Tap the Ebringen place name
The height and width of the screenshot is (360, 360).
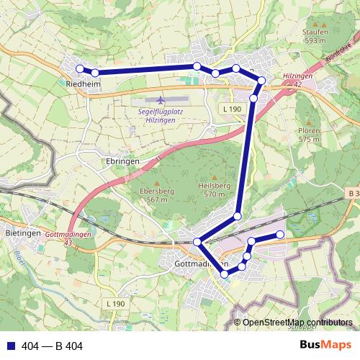click(x=120, y=162)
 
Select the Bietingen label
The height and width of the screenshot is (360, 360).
click(x=19, y=235)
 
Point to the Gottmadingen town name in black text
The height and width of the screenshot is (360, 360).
click(x=202, y=265)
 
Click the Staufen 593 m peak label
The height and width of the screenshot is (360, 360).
click(x=315, y=37)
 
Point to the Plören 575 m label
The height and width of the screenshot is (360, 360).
click(x=309, y=135)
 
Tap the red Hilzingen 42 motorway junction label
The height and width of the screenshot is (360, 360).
click(x=297, y=79)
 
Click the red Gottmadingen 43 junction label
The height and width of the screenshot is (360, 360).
click(x=68, y=239)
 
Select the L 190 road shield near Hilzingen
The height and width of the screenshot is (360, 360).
click(x=231, y=108)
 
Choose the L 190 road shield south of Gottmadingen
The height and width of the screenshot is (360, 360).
click(x=114, y=305)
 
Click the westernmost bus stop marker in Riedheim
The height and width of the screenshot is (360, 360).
click(x=80, y=69)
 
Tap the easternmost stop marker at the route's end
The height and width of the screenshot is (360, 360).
click(x=281, y=235)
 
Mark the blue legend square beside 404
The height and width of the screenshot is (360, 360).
click(x=9, y=346)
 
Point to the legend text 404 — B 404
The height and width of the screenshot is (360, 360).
click(x=52, y=346)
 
